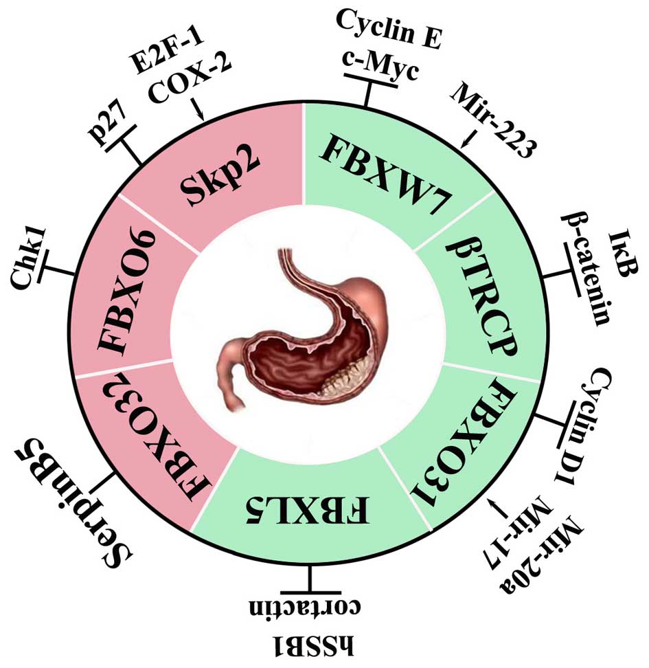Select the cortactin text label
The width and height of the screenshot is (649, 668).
(313, 609)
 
